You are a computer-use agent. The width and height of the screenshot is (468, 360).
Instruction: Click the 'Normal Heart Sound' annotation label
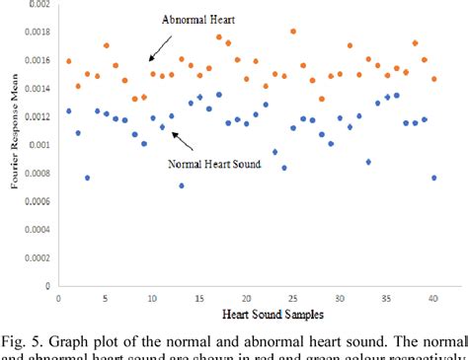214,164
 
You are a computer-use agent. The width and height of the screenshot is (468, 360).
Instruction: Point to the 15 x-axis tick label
199,297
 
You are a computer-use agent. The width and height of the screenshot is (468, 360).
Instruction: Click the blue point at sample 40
433,178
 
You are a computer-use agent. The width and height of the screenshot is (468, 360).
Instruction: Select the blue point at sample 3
87,178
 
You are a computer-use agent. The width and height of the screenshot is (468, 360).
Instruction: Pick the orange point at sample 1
68,61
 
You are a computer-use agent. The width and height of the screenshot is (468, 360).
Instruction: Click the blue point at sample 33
368,162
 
